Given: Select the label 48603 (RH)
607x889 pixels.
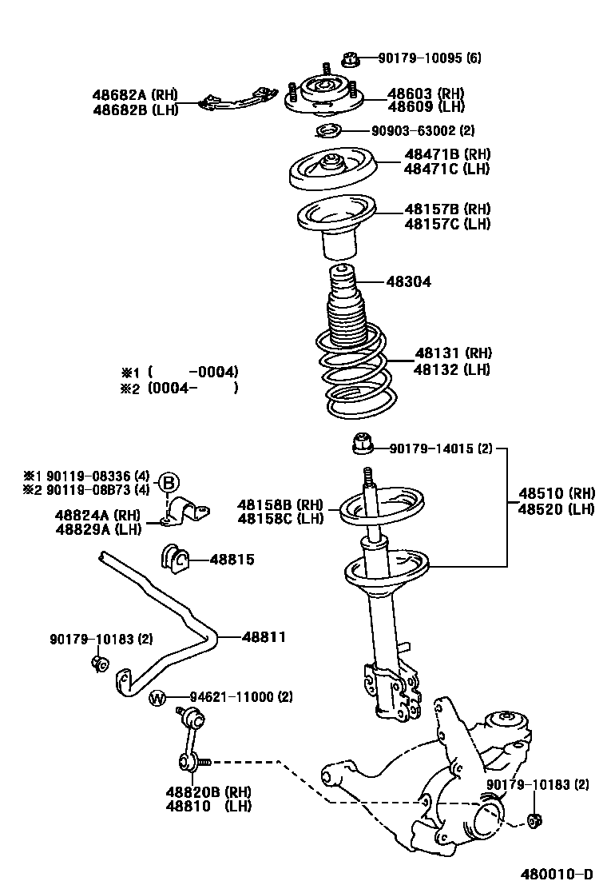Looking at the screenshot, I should (x=426, y=93).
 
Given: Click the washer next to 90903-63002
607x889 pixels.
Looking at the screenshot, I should (x=328, y=131).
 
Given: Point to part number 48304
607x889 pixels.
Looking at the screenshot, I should (x=408, y=281).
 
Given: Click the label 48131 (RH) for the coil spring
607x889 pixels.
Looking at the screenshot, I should (x=452, y=353).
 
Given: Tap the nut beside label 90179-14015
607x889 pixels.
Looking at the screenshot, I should (x=361, y=441).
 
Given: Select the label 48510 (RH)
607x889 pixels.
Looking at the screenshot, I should (x=556, y=493).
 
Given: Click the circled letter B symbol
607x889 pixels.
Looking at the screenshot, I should (x=168, y=482).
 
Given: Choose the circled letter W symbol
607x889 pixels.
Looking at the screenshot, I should (x=157, y=698).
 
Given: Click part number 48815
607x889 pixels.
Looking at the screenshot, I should (x=232, y=560).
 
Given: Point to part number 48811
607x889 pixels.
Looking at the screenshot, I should (x=264, y=637).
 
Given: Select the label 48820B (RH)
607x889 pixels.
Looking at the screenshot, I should (x=208, y=791).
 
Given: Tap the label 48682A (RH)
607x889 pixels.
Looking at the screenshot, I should (x=133, y=94).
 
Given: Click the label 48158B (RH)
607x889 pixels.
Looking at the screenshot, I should (x=280, y=504).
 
